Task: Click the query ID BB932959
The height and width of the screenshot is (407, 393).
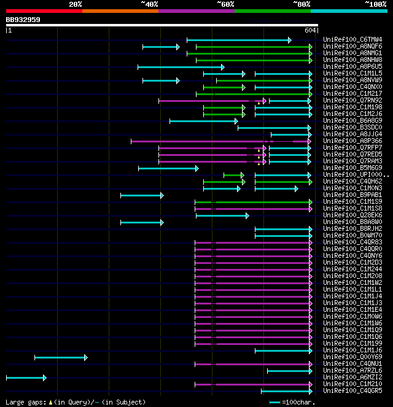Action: click(x=23, y=20)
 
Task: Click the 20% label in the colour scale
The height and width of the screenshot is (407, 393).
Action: click(x=76, y=4)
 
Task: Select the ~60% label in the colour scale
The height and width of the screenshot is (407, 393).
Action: click(x=225, y=4)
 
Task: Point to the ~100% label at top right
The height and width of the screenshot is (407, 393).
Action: click(x=375, y=4)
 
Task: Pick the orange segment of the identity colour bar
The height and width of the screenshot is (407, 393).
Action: click(x=120, y=10)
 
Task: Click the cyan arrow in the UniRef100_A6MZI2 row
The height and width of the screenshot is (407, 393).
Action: click(x=26, y=378)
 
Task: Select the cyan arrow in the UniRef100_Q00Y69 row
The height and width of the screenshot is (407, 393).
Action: click(x=61, y=357)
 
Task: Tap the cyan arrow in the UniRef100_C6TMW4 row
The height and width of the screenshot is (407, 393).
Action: click(x=239, y=40)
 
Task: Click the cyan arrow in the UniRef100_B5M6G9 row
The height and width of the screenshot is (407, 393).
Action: click(x=168, y=168)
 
